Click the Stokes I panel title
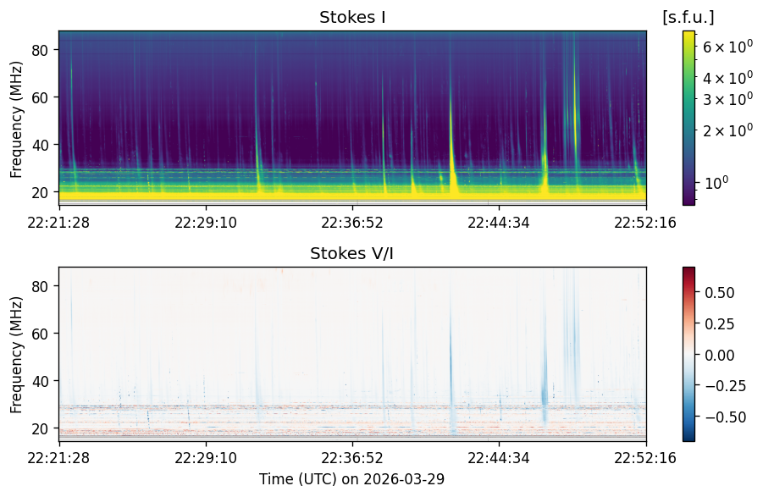tap(352, 18)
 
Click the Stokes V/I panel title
tap(351, 253)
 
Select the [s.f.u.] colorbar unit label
tap(688, 18)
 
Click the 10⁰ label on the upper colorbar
tap(716, 184)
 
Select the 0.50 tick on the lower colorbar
tap(719, 293)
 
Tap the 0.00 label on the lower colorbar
tap(719, 355)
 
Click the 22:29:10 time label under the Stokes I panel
tap(205, 223)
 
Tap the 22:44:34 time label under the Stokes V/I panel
tap(499, 458)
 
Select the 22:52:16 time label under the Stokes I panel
tap(645, 223)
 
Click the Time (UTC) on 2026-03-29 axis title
tap(351, 479)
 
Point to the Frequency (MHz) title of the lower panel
tap(16, 355)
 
